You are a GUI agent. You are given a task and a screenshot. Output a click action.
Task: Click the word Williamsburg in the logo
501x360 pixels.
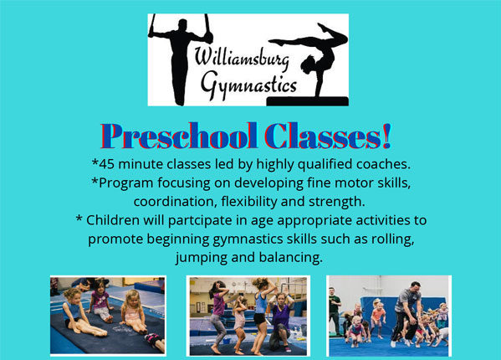243,59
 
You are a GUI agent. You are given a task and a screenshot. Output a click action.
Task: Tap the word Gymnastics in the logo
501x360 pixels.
249,85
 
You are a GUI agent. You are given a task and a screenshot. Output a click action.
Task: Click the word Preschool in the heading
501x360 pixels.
179,136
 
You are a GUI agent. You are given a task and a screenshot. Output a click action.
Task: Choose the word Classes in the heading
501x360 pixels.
323,136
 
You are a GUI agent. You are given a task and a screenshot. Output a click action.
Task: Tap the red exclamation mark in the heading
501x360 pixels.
386,136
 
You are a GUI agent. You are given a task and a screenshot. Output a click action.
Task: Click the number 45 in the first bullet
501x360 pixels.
107,164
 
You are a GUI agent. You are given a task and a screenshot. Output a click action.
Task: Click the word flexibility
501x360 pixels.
249,202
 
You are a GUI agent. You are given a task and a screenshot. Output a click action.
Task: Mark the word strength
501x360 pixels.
337,202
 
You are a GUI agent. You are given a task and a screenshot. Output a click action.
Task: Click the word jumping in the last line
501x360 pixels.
202,258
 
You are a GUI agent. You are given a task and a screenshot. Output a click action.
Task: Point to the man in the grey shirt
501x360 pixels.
405,314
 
